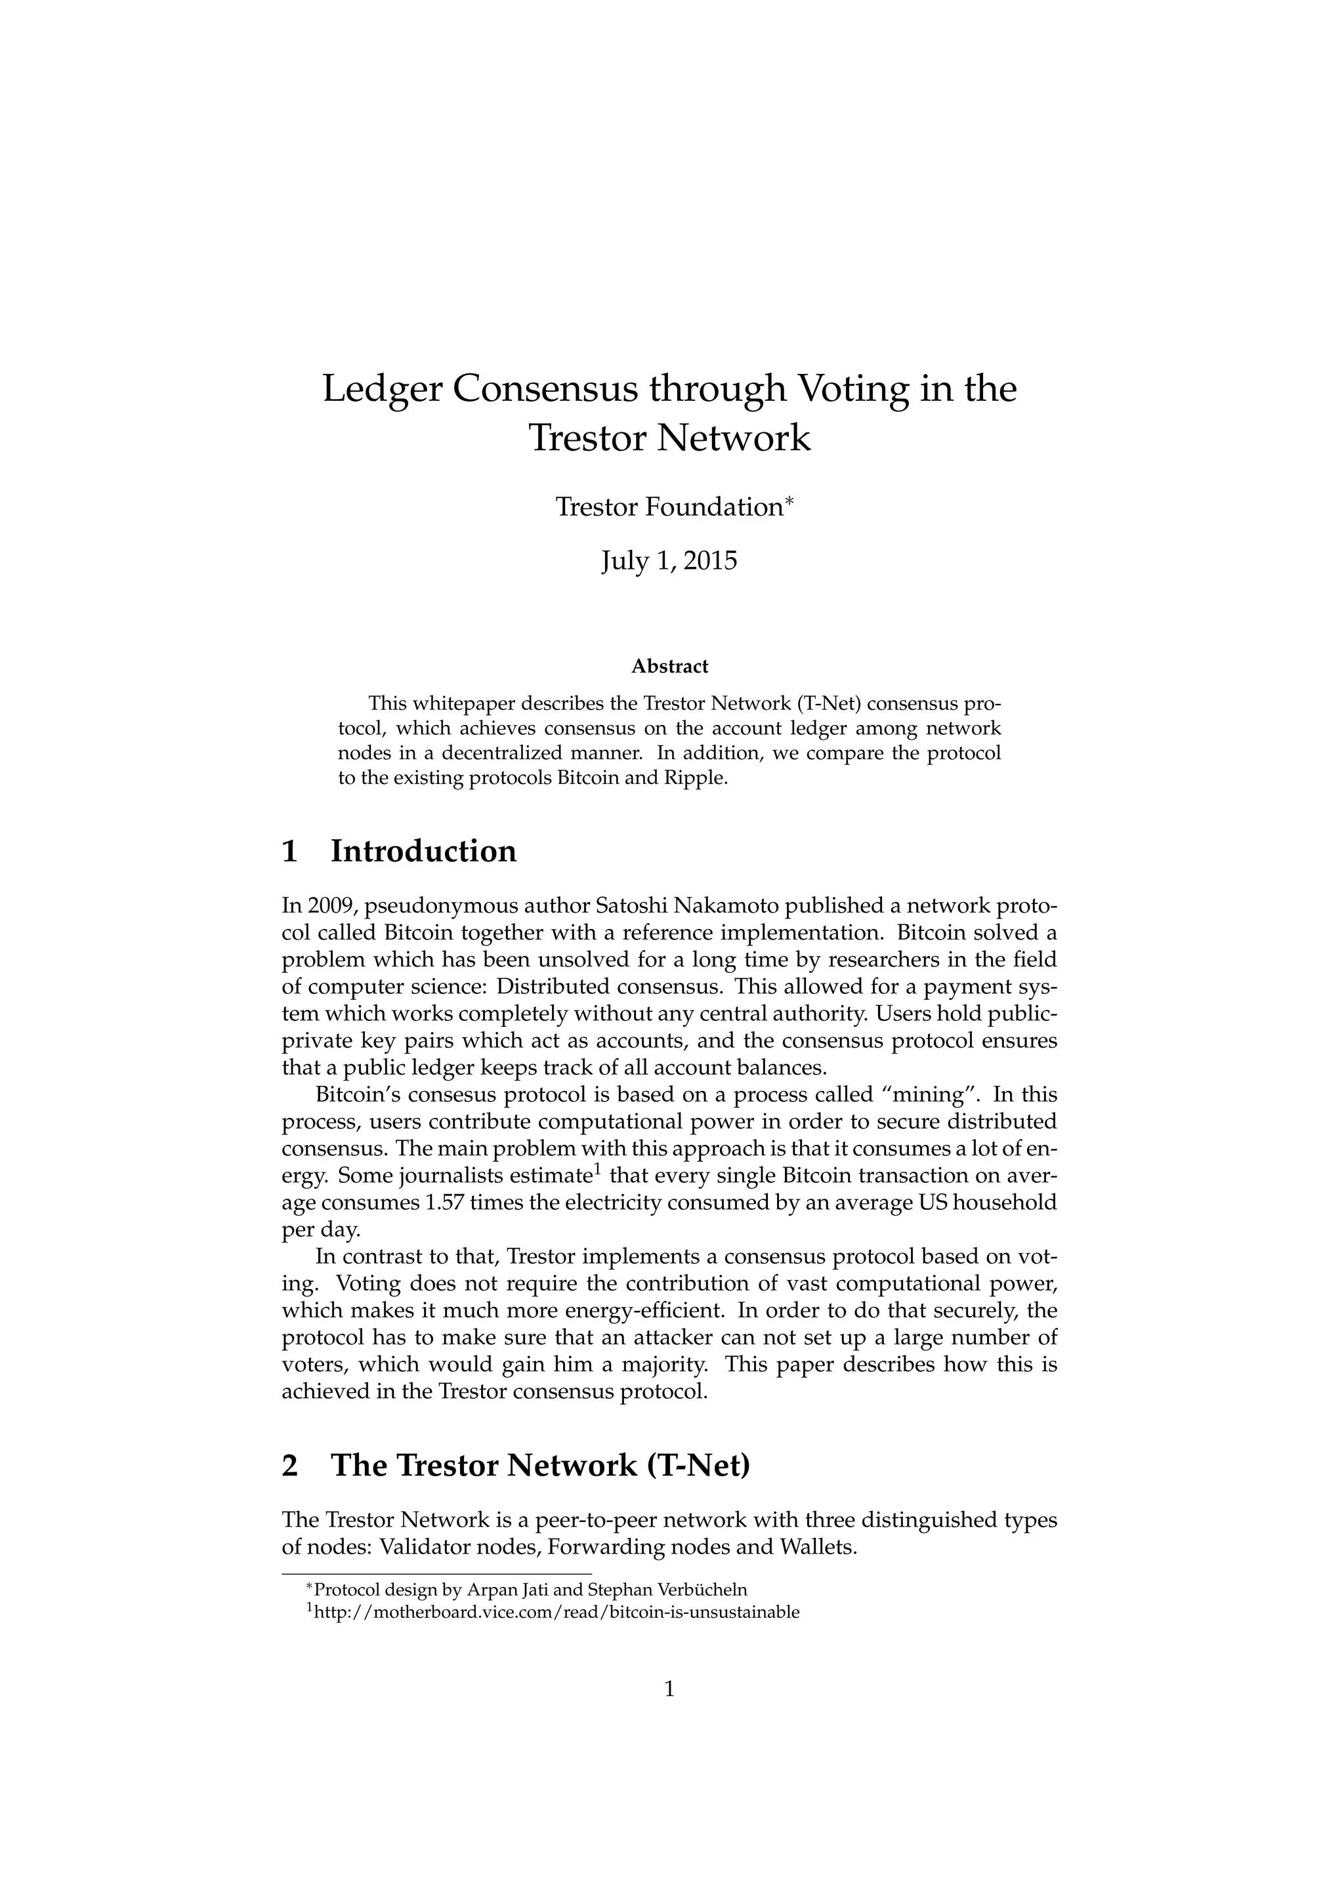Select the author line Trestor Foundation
click(669, 507)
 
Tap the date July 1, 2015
click(669, 561)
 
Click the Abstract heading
click(669, 666)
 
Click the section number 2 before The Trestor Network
click(289, 1466)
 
